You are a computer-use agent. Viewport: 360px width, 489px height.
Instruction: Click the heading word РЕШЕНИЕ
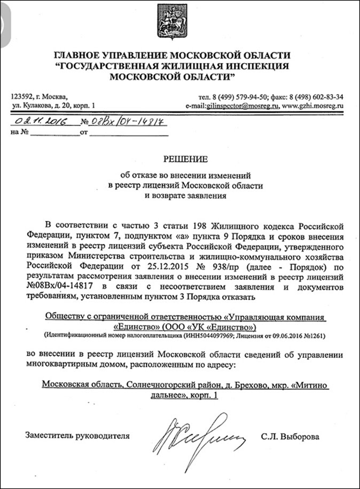coord(179,159)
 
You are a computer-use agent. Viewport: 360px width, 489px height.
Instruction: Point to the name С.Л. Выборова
coord(291,437)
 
